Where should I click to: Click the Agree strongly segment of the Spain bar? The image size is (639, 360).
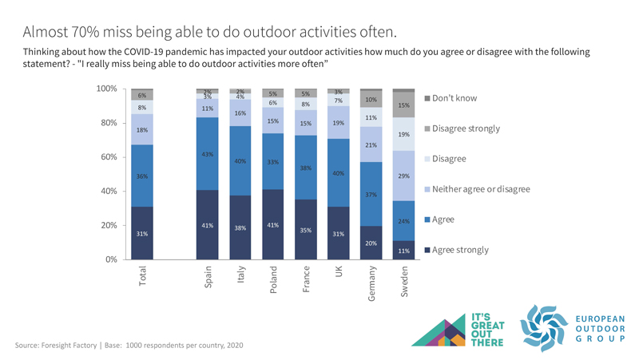coord(208,225)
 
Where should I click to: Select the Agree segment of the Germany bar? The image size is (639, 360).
coord(371,194)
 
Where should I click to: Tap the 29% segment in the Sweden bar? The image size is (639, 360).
coord(403,176)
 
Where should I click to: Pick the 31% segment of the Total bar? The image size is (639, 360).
coord(142,233)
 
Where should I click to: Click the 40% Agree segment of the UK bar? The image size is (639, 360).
coord(338,172)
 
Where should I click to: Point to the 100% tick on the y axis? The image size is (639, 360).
coord(107,88)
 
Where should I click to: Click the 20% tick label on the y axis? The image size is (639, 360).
coord(109,225)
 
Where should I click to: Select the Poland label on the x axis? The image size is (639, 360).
coord(274,280)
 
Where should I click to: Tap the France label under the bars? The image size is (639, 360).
coord(307,279)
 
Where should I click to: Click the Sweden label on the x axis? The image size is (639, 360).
coord(405,282)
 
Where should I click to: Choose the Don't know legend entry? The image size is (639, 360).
coord(454,98)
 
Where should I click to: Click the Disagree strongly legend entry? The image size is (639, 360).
coord(466,129)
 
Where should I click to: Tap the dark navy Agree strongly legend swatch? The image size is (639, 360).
coord(427,251)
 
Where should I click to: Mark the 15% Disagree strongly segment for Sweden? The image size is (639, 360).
coord(403,105)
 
